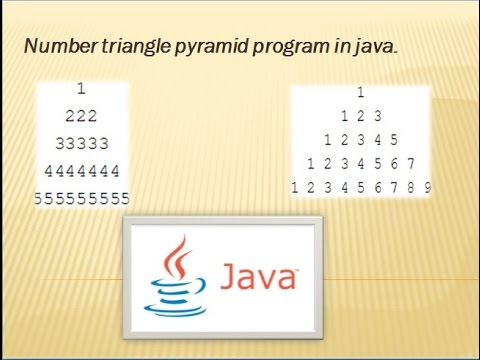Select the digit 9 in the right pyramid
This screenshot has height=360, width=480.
click(x=427, y=187)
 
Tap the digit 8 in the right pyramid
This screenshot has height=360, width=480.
click(x=410, y=187)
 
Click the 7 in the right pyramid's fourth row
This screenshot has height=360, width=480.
click(x=411, y=163)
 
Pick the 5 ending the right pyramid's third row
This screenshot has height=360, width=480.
click(x=394, y=140)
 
